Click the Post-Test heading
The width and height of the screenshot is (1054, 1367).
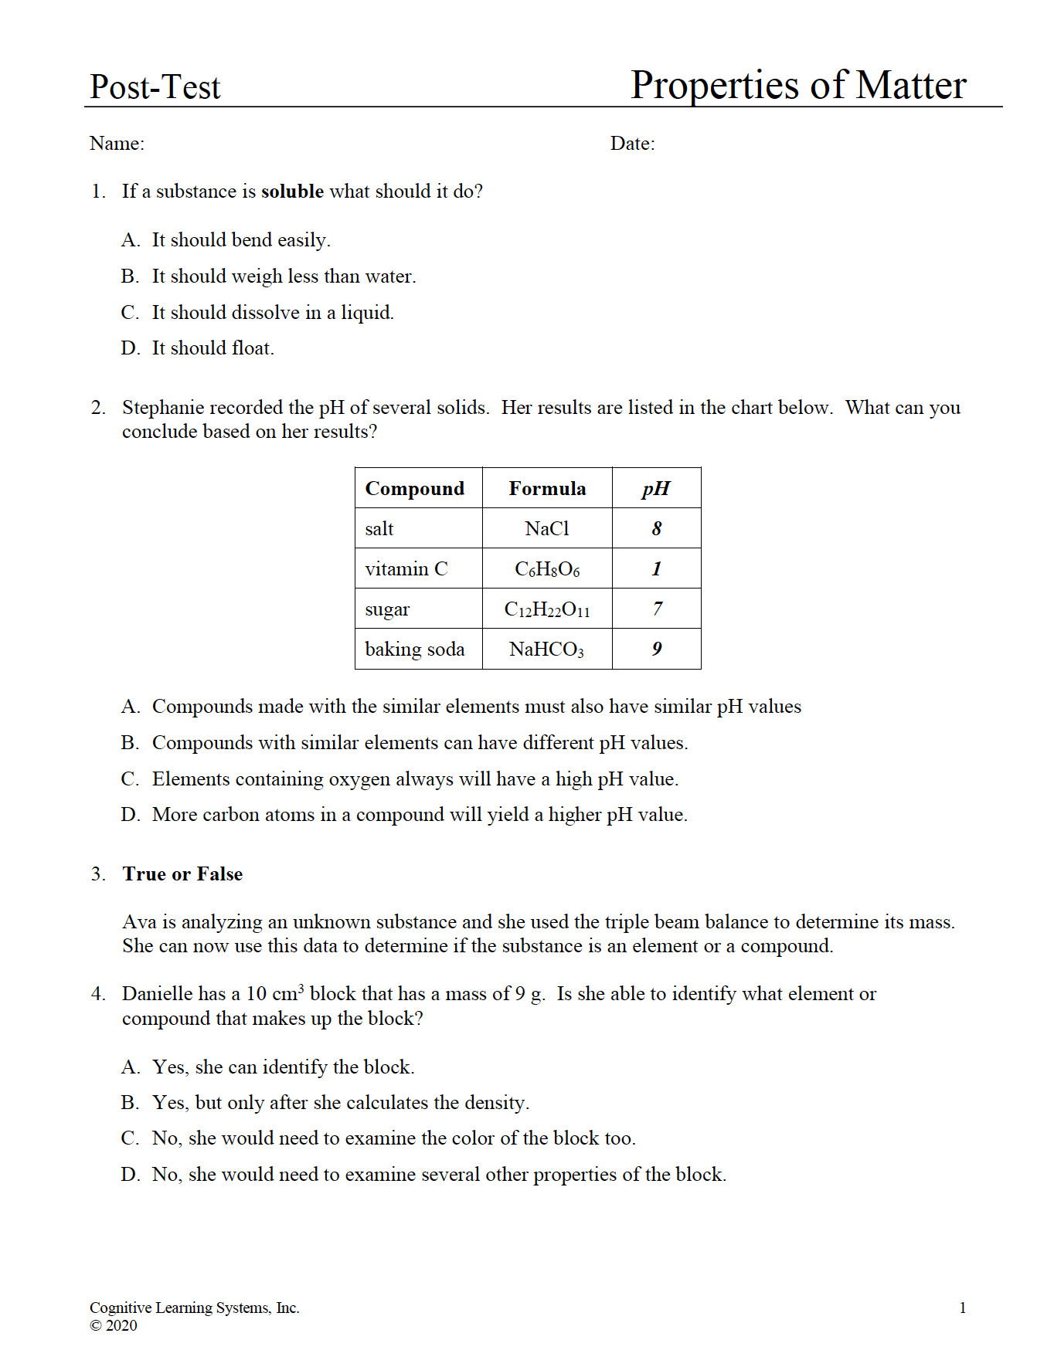(x=155, y=86)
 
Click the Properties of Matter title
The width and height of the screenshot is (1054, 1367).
(x=797, y=85)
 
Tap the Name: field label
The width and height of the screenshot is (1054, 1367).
(x=117, y=144)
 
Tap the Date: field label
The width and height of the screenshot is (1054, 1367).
(x=632, y=144)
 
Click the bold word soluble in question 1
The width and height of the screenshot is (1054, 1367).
(x=292, y=192)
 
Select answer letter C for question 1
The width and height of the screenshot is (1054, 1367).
(x=130, y=313)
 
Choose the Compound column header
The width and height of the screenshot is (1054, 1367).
(x=415, y=489)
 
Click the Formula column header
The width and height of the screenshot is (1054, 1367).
(x=547, y=489)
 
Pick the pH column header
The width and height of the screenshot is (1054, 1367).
(x=656, y=489)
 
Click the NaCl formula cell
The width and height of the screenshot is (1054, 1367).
(x=547, y=529)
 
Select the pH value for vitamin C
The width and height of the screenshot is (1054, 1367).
(x=656, y=569)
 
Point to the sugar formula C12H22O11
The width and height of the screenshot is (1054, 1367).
(x=547, y=610)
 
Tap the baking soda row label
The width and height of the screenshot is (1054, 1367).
(x=415, y=650)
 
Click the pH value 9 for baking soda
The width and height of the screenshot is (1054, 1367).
(x=656, y=650)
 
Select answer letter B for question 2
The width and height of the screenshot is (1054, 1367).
(x=130, y=743)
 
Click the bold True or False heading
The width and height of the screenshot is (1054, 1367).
(x=182, y=874)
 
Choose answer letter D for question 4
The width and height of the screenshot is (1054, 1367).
(x=130, y=1175)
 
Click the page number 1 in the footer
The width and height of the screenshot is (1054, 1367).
(x=963, y=1308)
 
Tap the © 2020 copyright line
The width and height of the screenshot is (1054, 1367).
(x=114, y=1326)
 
